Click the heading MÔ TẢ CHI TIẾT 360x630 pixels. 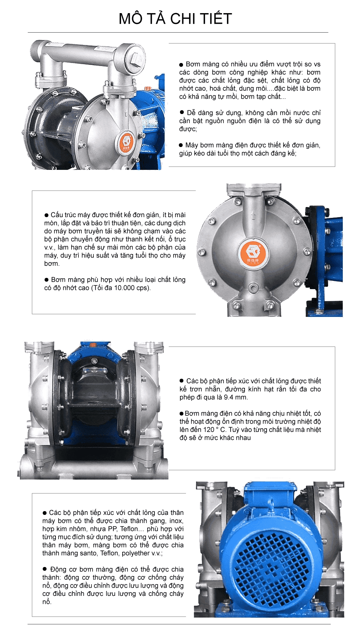tap(175, 19)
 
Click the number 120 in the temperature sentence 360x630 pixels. tap(208, 429)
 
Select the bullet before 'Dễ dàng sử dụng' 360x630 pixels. tap(182, 112)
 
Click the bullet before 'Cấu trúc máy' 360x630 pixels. tap(46, 215)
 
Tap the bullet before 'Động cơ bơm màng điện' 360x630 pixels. tap(45, 568)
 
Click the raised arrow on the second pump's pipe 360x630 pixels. tap(253, 215)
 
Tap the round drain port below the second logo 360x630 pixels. tap(254, 288)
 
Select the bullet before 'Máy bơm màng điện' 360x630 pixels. tap(181, 145)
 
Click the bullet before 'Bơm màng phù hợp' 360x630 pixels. tap(46, 280)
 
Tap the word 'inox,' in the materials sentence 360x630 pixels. tap(176, 520)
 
